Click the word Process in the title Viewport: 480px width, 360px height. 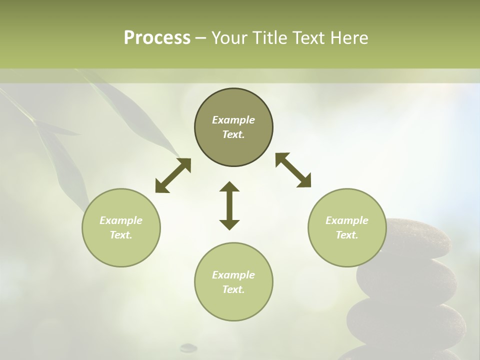(x=157, y=38)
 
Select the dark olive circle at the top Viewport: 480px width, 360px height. (x=233, y=127)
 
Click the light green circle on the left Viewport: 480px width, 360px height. (x=121, y=227)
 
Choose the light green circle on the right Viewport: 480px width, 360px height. (x=347, y=227)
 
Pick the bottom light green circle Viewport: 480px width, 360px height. (x=233, y=281)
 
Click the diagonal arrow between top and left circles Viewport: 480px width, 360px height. (x=173, y=175)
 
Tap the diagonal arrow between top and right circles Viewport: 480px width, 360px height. (x=293, y=170)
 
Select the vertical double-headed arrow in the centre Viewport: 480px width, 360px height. (x=229, y=205)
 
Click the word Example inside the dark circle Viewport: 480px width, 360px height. (x=233, y=120)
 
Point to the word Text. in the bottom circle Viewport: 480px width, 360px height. (x=233, y=289)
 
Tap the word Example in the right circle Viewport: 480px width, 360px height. (x=347, y=220)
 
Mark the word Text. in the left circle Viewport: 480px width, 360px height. (x=121, y=235)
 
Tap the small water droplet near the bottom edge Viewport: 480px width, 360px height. (x=188, y=346)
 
